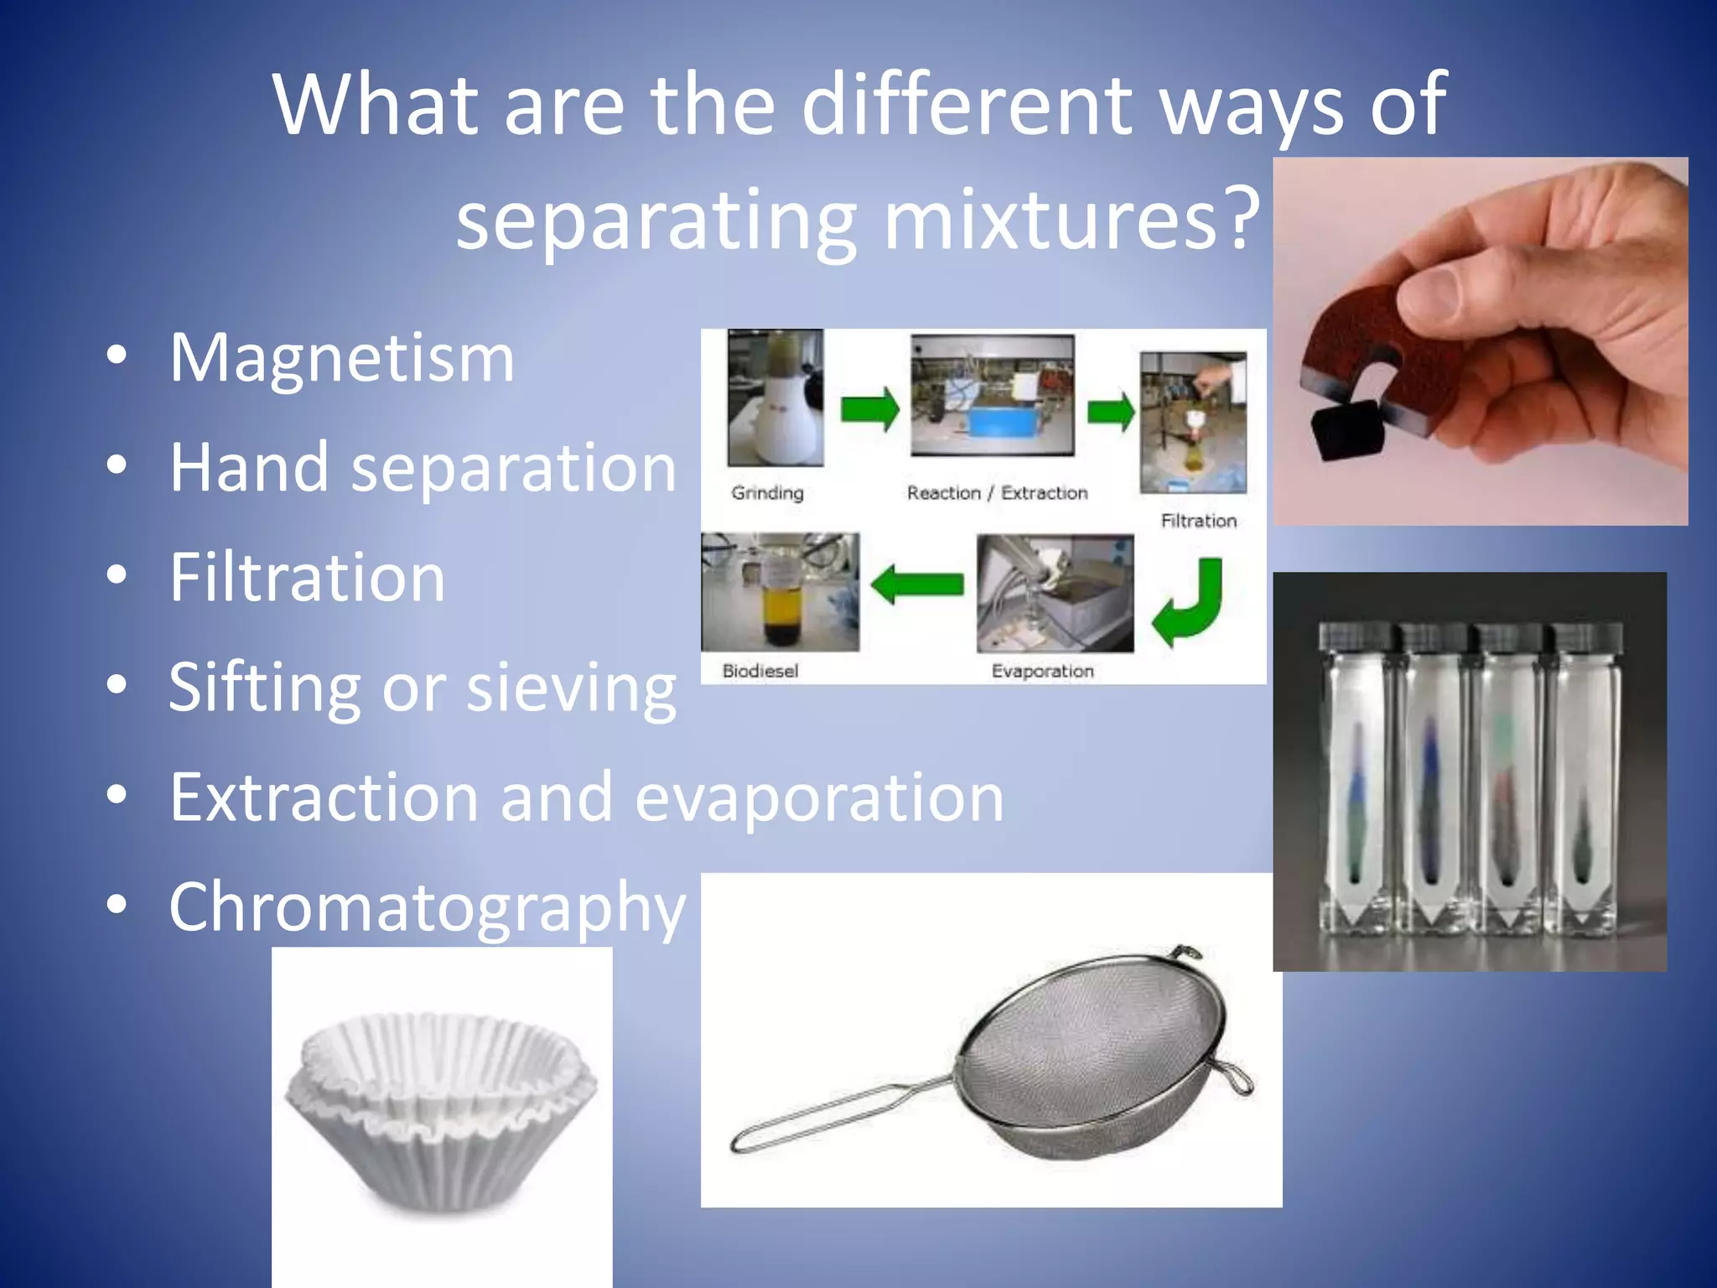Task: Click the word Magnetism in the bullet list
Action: coord(342,359)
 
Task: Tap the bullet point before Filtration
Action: coord(117,575)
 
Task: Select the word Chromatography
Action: coord(428,908)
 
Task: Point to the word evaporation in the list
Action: coord(819,797)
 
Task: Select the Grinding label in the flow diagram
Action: coord(767,493)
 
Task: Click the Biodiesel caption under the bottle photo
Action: coord(760,671)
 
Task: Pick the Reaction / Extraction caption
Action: coord(997,493)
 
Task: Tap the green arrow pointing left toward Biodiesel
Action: coord(917,584)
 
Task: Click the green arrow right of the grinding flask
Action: coord(869,408)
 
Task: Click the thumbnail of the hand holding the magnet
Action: coord(1480,341)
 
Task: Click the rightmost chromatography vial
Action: coord(1583,780)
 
